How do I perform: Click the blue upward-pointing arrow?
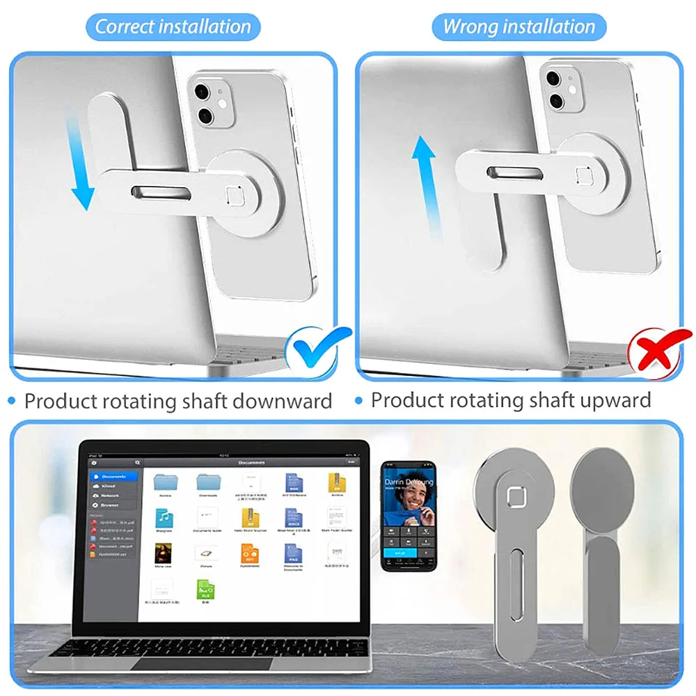(426, 184)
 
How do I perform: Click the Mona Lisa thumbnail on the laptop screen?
(164, 553)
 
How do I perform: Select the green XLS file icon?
(207, 591)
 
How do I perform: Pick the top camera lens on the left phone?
(203, 92)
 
